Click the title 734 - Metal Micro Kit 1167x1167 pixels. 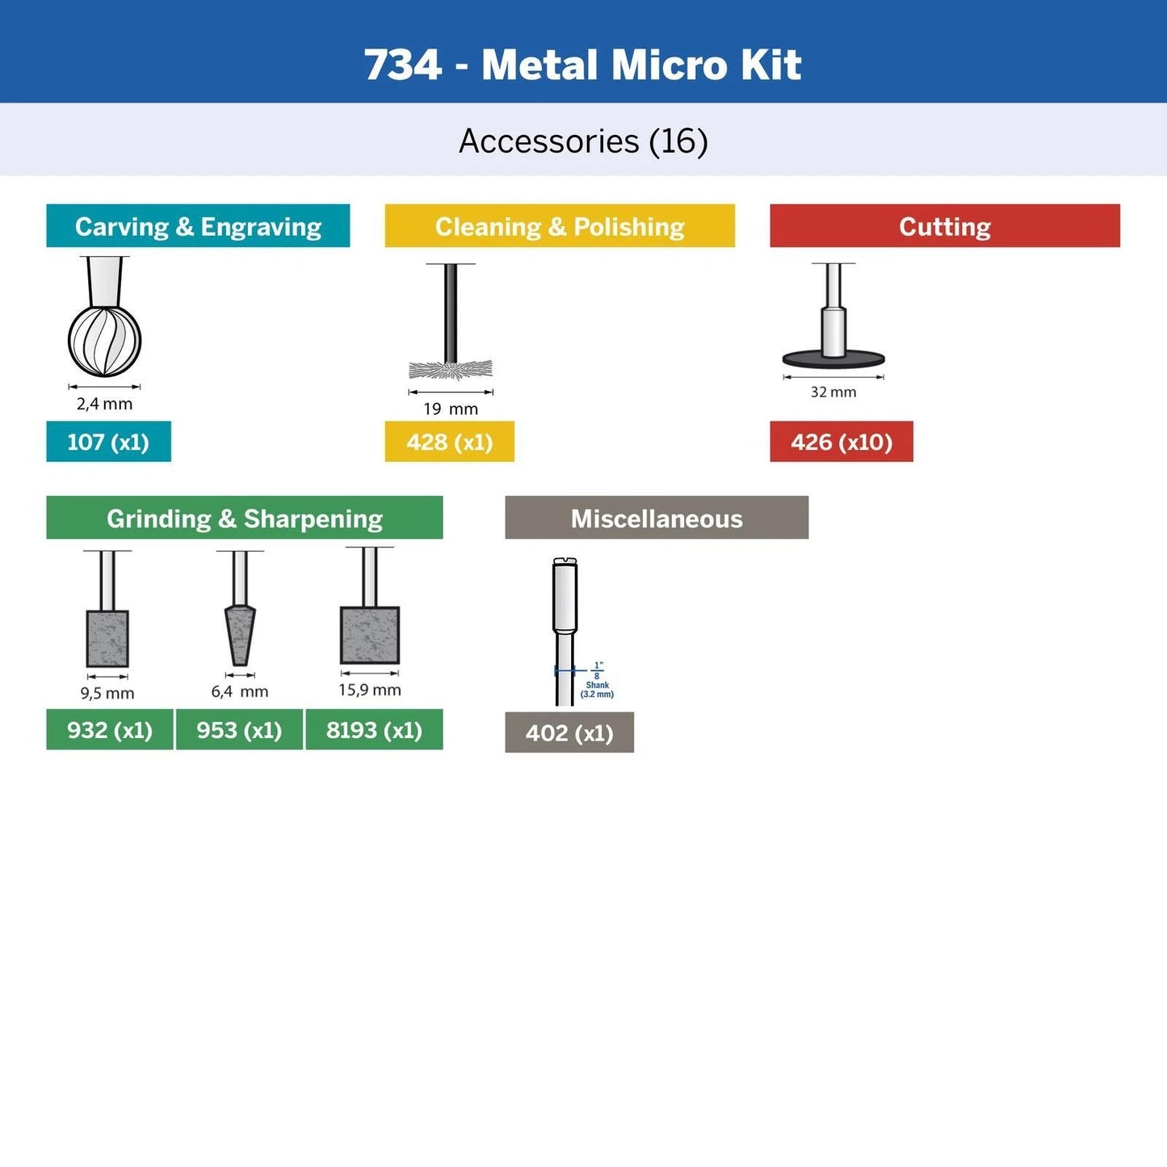(x=582, y=65)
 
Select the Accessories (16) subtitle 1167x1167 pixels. (x=583, y=141)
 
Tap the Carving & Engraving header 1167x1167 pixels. (x=198, y=226)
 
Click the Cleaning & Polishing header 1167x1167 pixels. (x=560, y=226)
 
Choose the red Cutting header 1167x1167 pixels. (x=944, y=226)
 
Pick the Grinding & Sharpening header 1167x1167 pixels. (x=244, y=518)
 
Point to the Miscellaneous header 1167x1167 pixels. (x=656, y=518)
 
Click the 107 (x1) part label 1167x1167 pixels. (x=108, y=442)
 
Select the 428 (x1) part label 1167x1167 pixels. (x=449, y=442)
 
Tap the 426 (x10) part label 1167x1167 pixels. (x=841, y=442)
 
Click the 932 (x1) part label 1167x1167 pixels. (x=109, y=730)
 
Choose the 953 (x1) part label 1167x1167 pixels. (x=239, y=730)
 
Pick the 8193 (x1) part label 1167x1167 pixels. (x=374, y=730)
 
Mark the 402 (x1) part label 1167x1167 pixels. (x=569, y=733)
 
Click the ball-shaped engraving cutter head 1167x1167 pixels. (x=104, y=341)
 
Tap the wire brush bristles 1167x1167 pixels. (x=451, y=371)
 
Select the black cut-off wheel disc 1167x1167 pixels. (x=833, y=359)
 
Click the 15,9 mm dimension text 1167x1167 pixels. (x=369, y=690)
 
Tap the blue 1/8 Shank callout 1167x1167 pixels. (x=596, y=681)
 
